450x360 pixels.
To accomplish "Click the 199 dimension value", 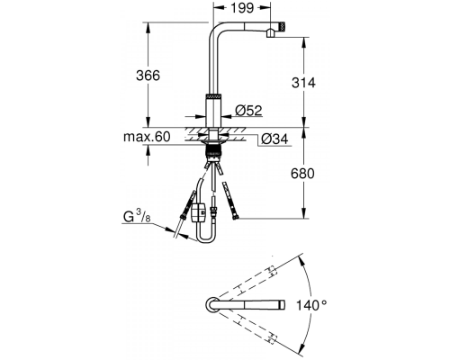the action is pyautogui.click(x=243, y=8).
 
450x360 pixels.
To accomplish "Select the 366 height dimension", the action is pyautogui.click(x=148, y=76).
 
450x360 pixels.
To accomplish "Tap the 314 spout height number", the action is pyautogui.click(x=303, y=83).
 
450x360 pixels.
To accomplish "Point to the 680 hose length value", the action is pyautogui.click(x=302, y=174).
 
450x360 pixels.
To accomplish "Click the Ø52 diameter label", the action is pyautogui.click(x=248, y=111).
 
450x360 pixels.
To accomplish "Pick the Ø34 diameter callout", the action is pyautogui.click(x=274, y=139).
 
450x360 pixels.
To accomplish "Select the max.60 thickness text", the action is pyautogui.click(x=147, y=137).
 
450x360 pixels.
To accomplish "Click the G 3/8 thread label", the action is pyautogui.click(x=137, y=216).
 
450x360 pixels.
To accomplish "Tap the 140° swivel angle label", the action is pyautogui.click(x=311, y=305).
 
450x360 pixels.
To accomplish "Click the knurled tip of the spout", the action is pyautogui.click(x=283, y=26).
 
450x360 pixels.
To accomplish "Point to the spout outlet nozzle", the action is pyautogui.click(x=270, y=33).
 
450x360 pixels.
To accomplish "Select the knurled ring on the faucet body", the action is pyautogui.click(x=213, y=96).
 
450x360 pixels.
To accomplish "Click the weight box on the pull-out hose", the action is pyautogui.click(x=198, y=212).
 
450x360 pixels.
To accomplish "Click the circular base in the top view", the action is pyautogui.click(x=212, y=305).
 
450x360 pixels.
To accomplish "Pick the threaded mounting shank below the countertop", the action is pyautogui.click(x=213, y=151).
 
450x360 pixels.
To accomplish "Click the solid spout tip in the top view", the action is pyautogui.click(x=282, y=305).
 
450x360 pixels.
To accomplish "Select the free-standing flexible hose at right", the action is pyautogui.click(x=229, y=201).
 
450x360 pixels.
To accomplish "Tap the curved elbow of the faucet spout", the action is pyautogui.click(x=213, y=30).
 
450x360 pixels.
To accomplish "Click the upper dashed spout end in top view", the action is pyautogui.click(x=271, y=271).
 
